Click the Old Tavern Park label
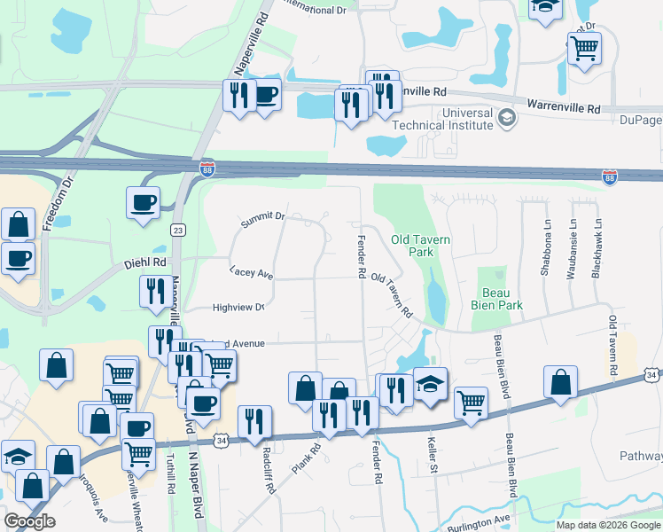[421, 246]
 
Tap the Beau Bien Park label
[502, 299]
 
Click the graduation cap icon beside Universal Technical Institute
[506, 117]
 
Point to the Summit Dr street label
[262, 216]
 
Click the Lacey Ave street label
[251, 273]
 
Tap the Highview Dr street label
[238, 308]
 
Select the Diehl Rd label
[147, 262]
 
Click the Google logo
[29, 521]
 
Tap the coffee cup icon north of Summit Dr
[143, 203]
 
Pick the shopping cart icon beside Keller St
[471, 402]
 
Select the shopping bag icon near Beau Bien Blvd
[560, 382]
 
